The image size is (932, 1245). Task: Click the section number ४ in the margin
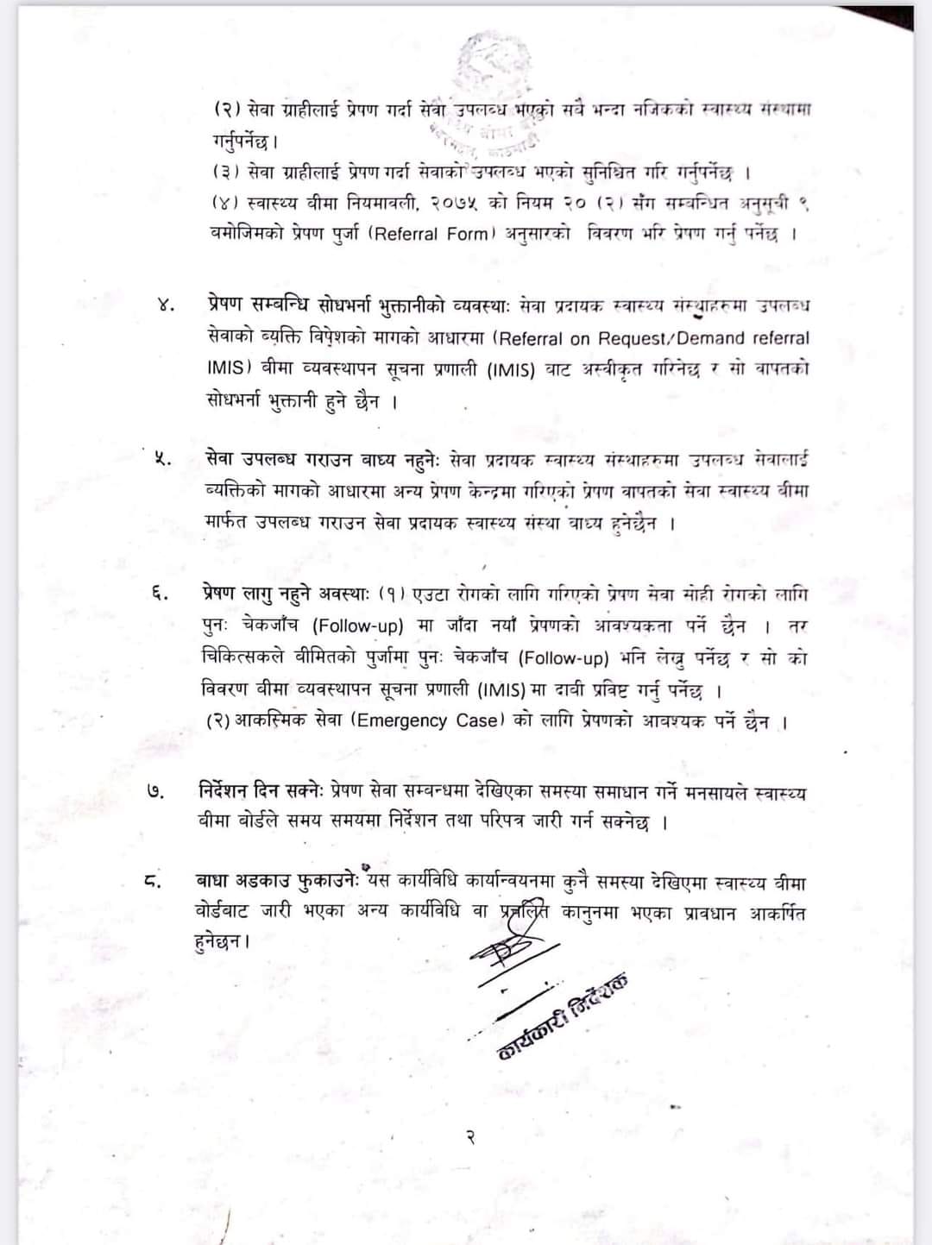click(167, 305)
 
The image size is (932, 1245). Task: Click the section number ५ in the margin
click(161, 459)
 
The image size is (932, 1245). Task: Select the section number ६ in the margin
click(160, 594)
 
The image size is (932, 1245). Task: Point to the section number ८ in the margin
click(153, 882)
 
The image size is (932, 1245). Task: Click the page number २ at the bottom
click(470, 1138)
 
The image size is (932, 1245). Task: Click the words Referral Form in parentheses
click(431, 234)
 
